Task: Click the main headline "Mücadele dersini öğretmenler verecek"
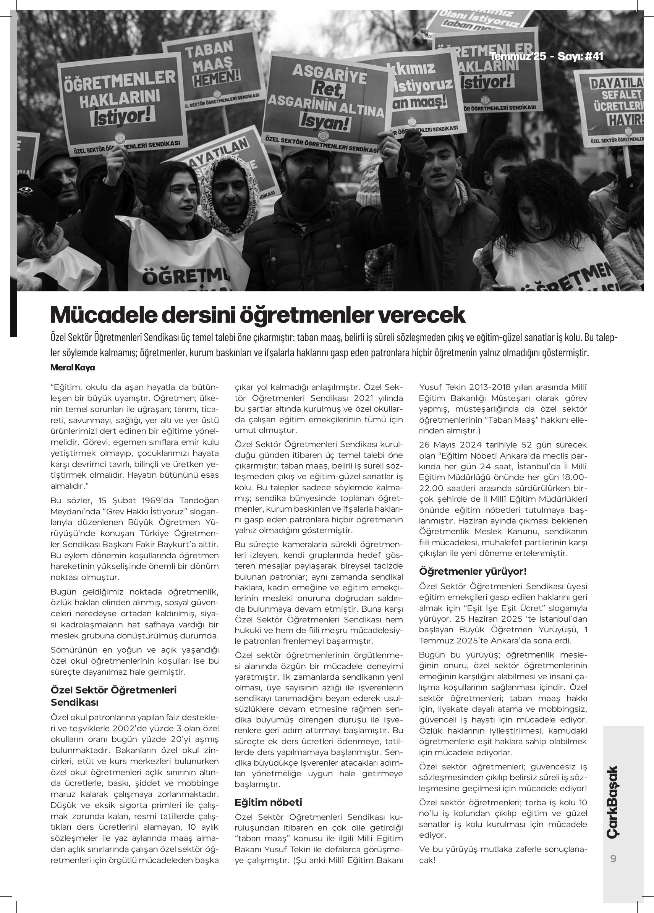(257, 315)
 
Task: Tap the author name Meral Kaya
(73, 368)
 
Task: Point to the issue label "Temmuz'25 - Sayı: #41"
(547, 57)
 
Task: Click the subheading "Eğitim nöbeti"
(268, 802)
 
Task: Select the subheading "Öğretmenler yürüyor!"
(473, 571)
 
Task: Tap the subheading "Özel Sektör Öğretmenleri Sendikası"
(113, 696)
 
